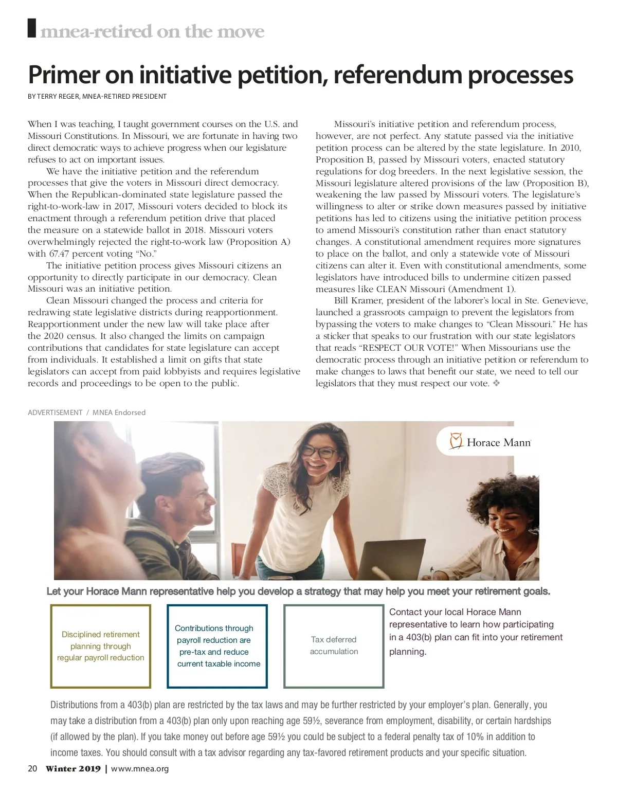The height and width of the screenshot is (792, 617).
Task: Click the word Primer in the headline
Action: click(64, 75)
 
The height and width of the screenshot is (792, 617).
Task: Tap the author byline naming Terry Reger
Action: click(97, 96)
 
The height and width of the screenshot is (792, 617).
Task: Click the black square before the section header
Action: click(32, 28)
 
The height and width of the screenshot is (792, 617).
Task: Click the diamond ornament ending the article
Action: click(496, 383)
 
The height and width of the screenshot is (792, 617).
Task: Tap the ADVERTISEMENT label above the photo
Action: click(55, 412)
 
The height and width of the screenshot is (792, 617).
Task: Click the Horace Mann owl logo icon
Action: click(456, 441)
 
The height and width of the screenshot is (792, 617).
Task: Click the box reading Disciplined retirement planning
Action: click(101, 646)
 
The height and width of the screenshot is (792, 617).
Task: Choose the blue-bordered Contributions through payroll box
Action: click(217, 646)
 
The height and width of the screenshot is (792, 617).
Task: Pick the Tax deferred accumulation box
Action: click(334, 646)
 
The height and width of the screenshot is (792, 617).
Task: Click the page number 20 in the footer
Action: click(32, 768)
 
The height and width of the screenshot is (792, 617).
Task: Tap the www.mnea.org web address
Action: click(140, 769)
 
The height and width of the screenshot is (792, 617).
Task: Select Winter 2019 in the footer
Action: click(73, 769)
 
